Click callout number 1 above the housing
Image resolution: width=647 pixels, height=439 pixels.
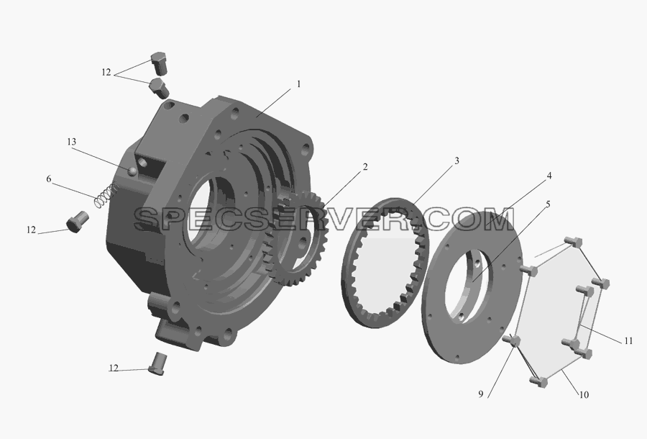click(299, 84)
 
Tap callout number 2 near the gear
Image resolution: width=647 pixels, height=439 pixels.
click(364, 167)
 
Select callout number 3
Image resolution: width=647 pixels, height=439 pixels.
click(456, 160)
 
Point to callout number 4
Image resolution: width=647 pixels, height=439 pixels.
click(549, 176)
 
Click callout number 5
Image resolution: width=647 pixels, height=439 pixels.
click(548, 204)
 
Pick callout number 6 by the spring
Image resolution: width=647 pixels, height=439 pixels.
click(49, 178)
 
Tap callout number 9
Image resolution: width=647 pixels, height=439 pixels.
click(481, 394)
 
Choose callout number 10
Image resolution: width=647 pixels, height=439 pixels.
click(584, 395)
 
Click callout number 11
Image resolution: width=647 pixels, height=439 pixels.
click(628, 340)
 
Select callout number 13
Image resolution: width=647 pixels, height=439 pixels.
click(71, 142)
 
